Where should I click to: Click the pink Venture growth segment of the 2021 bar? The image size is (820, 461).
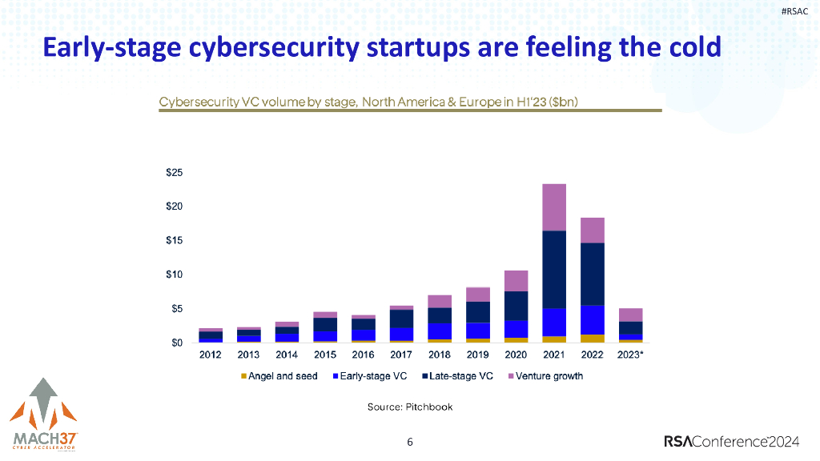click(x=554, y=207)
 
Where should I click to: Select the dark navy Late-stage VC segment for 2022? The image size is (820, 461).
click(x=593, y=274)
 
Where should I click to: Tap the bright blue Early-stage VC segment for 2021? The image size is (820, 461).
click(x=554, y=322)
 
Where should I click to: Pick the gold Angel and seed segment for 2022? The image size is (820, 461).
click(x=593, y=339)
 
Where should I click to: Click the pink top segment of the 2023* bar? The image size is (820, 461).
click(x=631, y=315)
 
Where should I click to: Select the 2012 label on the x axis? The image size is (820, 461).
click(x=210, y=355)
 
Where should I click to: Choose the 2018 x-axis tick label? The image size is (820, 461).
click(x=440, y=355)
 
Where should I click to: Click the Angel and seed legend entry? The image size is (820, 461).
click(x=280, y=376)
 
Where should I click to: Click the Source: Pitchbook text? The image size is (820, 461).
click(x=410, y=407)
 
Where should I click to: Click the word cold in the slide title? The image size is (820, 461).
click(x=693, y=47)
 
